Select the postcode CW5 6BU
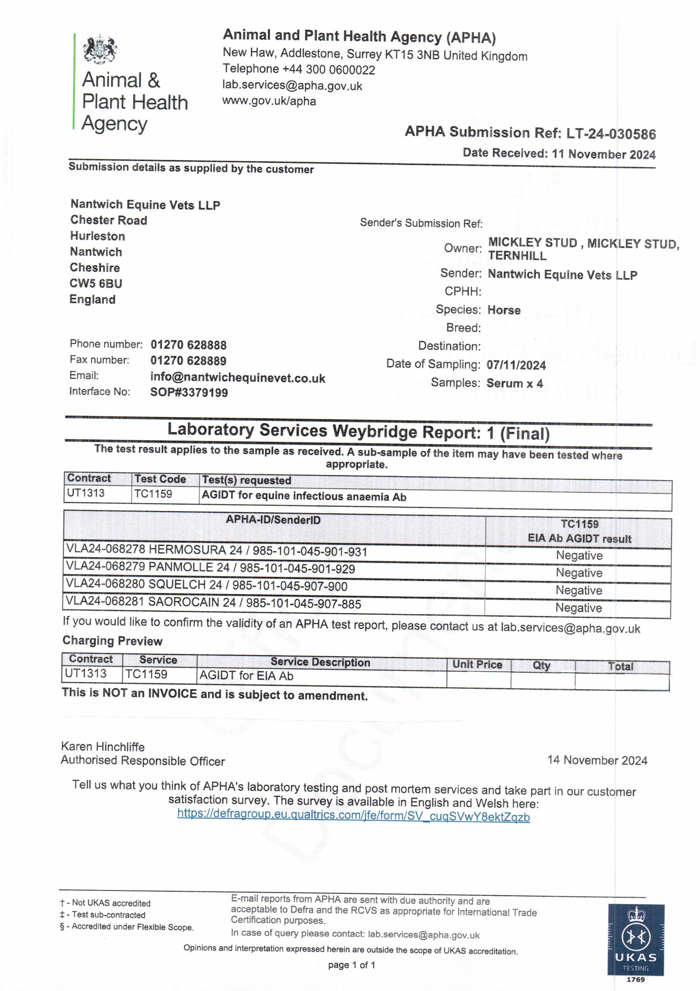pos(96,284)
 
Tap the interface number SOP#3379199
pos(189,392)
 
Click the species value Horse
pos(504,310)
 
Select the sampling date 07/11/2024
pos(516,365)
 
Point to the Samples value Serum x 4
pos(514,383)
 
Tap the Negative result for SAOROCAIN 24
pos(578,608)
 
